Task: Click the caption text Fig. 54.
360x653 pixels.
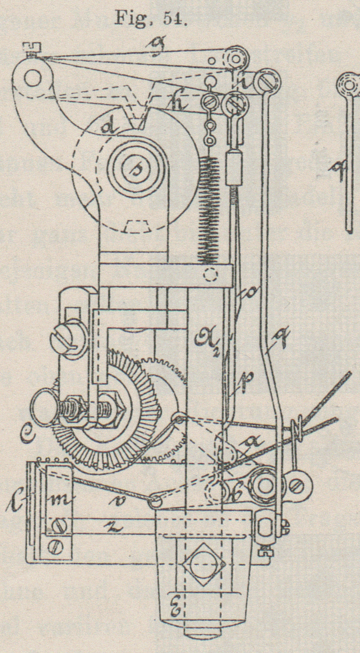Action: click(151, 17)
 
